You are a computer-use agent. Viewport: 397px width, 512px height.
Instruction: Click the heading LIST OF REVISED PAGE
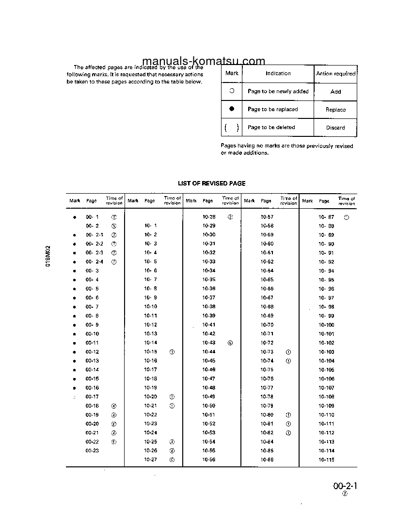pyautogui.click(x=211, y=183)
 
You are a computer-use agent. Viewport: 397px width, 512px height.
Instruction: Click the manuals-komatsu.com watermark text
pyautogui.click(x=204, y=61)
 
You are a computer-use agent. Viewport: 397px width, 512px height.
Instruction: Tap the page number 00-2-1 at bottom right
pyautogui.click(x=345, y=486)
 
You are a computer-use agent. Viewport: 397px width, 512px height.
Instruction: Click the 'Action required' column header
pyautogui.click(x=335, y=74)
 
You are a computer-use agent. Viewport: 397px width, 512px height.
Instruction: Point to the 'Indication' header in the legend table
pyautogui.click(x=278, y=73)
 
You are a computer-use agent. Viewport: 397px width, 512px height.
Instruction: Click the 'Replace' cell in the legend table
pyautogui.click(x=335, y=110)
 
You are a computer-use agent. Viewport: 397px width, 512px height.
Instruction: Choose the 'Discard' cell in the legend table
pyautogui.click(x=335, y=128)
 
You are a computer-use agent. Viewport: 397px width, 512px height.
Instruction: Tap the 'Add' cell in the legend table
pyautogui.click(x=335, y=92)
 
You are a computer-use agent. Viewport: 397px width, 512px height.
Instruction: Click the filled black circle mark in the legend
pyautogui.click(x=232, y=109)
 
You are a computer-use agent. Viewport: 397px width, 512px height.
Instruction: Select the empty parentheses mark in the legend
pyautogui.click(x=231, y=128)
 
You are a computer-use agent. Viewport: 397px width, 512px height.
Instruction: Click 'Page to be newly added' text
pyautogui.click(x=278, y=91)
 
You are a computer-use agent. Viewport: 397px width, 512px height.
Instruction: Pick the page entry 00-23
pyautogui.click(x=92, y=450)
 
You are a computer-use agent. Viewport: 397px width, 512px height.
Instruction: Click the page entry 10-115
pyautogui.click(x=326, y=460)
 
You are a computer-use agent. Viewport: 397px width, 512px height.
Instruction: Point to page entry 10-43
pyautogui.click(x=208, y=343)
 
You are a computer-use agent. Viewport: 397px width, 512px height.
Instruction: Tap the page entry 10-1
pyautogui.click(x=150, y=226)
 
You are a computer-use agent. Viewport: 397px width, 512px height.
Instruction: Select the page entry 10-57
pyautogui.click(x=267, y=217)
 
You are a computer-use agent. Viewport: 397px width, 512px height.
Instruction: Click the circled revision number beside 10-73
pyautogui.click(x=288, y=352)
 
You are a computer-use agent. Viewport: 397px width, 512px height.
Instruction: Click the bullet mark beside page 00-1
pyautogui.click(x=74, y=217)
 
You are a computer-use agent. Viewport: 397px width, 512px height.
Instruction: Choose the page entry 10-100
pyautogui.click(x=326, y=325)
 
